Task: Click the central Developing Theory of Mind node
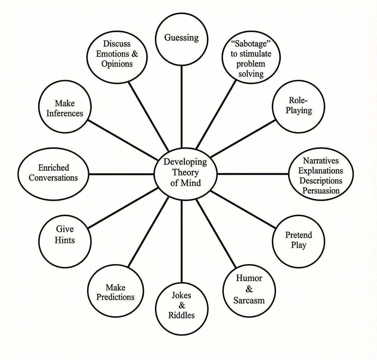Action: click(185, 173)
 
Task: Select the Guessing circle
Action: click(182, 37)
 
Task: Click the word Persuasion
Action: click(321, 191)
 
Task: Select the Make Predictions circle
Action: click(115, 292)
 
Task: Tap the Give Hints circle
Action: click(65, 235)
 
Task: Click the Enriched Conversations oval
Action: click(53, 173)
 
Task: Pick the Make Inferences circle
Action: click(65, 108)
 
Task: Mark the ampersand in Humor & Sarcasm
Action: click(249, 289)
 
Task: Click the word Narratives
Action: click(321, 161)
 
